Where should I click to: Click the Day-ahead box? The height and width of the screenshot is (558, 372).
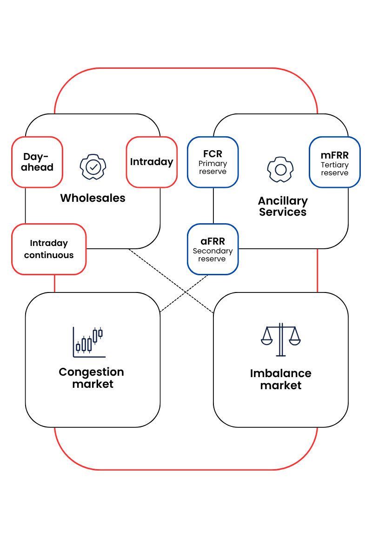coord(37,162)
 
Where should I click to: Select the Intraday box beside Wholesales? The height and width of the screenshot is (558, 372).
coord(152,162)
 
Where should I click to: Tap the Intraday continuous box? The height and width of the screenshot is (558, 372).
coord(49,249)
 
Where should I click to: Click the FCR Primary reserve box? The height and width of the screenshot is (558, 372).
coord(213,162)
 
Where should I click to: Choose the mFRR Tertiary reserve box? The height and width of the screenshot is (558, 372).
coord(334,162)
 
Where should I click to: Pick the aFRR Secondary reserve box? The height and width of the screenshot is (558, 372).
coord(213,249)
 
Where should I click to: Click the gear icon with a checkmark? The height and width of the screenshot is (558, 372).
coord(93,166)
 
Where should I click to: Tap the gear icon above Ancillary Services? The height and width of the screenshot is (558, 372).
coord(280,169)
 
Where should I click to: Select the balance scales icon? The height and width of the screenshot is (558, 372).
coord(280,339)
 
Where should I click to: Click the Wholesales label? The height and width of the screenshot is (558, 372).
coord(93,198)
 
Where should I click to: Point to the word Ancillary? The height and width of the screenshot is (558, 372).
coord(283,201)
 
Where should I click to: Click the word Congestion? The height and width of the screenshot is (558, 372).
coord(92,372)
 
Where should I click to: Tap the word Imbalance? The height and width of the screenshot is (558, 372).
coord(280,373)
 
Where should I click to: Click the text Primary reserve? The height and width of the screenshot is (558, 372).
coord(213,167)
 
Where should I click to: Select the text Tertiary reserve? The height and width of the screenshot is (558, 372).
coord(334,169)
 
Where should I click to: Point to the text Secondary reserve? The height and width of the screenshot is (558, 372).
coord(213,255)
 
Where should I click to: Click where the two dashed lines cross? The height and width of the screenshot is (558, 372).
coord(186,292)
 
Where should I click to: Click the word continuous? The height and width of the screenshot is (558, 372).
coord(49,255)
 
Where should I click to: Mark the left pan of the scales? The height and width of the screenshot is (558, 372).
coord(267,340)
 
